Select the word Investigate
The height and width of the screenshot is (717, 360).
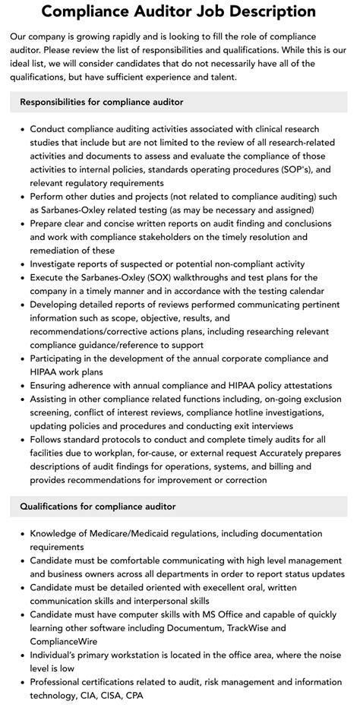(57, 264)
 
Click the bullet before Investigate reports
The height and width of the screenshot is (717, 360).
(23, 264)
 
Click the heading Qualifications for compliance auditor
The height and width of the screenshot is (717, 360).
(98, 506)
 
